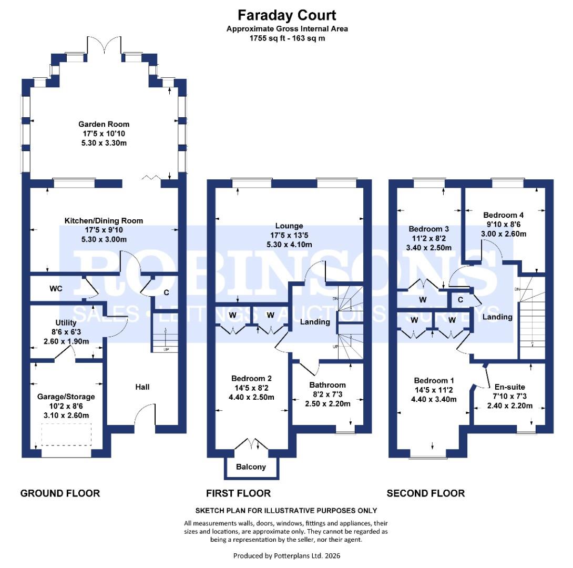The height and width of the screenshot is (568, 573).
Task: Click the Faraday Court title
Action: tap(286, 15)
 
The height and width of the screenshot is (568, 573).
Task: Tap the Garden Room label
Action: tap(104, 124)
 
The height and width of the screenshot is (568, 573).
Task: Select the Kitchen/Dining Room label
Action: tap(104, 220)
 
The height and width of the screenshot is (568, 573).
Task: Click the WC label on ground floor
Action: tap(56, 289)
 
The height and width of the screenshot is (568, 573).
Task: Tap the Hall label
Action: tap(142, 387)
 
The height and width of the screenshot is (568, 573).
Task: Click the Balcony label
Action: tap(250, 467)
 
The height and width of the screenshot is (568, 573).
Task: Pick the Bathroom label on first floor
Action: tap(327, 385)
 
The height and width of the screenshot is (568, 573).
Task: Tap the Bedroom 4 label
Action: tap(503, 215)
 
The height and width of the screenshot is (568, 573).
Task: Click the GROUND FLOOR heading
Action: tap(59, 493)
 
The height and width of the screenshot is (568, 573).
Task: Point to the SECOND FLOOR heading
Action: tap(425, 493)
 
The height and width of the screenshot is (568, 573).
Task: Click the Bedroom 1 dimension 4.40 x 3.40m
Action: tap(434, 399)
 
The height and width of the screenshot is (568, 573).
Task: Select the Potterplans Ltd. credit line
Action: tap(286, 555)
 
